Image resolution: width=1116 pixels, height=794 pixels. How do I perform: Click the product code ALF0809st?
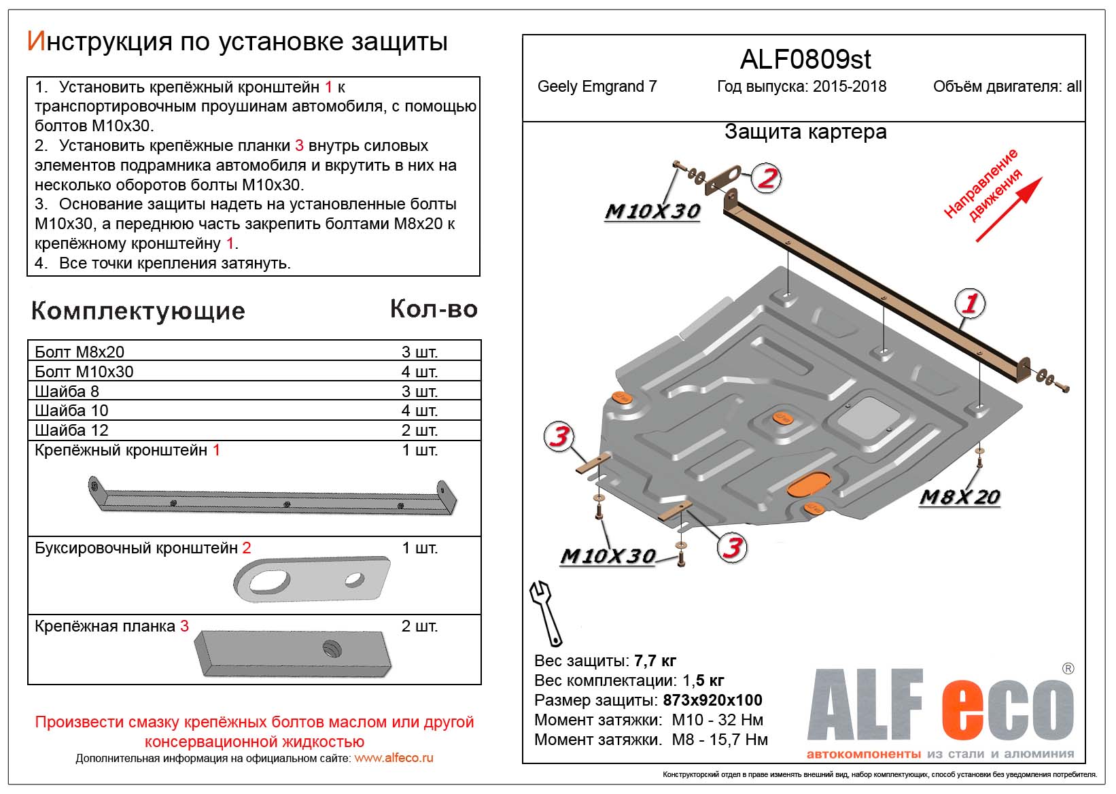point(805,60)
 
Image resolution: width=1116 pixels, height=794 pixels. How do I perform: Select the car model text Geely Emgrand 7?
point(597,87)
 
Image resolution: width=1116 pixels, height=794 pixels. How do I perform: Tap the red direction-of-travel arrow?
point(1009,209)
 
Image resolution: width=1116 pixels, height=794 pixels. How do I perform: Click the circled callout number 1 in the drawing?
point(970,303)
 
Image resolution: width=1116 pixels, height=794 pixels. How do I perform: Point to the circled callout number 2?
point(767,179)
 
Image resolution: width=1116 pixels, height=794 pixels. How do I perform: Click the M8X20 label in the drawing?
point(959,497)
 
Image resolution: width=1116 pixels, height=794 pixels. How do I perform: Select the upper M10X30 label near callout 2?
point(652,211)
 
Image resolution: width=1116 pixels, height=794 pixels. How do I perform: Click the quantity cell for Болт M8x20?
point(419,352)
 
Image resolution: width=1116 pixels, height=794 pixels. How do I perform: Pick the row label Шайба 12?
point(71,430)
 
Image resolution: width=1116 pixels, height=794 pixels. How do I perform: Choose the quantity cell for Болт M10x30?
point(419,372)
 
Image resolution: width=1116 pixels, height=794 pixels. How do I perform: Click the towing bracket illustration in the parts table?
point(312,579)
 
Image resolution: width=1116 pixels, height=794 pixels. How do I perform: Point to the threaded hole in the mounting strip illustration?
point(332,649)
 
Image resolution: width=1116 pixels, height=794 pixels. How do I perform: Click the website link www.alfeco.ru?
point(394,758)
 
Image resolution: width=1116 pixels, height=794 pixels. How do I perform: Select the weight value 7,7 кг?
point(655,661)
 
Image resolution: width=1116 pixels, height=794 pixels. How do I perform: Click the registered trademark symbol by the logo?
point(1068,668)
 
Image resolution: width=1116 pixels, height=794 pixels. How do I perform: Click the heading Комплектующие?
point(138,311)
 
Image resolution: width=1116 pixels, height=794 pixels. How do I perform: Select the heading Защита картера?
point(805,132)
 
